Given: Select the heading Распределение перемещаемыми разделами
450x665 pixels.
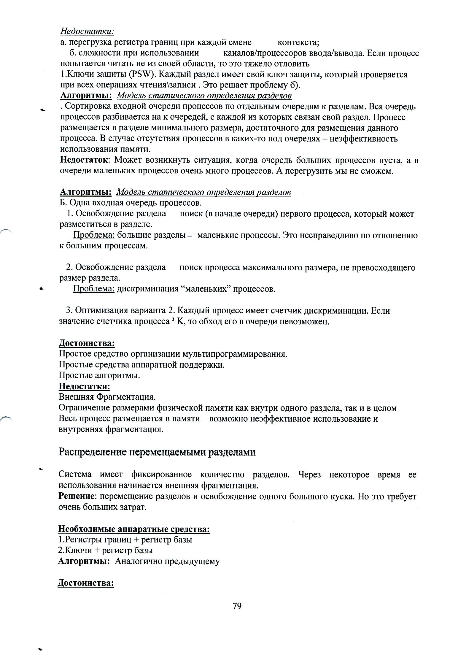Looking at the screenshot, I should click(x=157, y=452).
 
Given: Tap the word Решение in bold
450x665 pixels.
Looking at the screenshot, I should click(x=76, y=496).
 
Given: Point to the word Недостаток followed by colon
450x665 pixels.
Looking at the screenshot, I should click(x=84, y=161).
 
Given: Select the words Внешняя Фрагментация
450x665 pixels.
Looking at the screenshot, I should click(x=107, y=397).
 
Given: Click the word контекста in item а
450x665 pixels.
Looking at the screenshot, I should click(x=298, y=42).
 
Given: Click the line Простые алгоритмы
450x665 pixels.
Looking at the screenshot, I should click(x=99, y=375).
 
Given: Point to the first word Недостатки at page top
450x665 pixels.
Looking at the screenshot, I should click(x=88, y=31).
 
